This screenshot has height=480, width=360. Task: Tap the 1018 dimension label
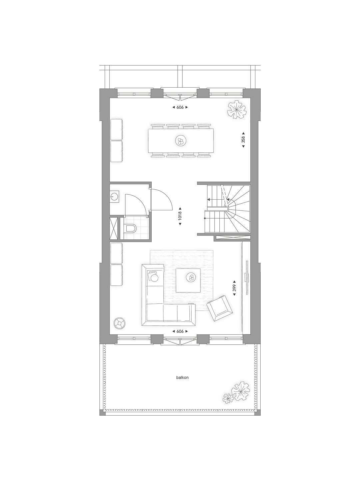point(180,218)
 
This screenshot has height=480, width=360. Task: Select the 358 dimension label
point(243,139)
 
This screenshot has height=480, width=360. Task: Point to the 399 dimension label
point(234,288)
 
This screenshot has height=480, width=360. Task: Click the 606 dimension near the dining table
point(180,107)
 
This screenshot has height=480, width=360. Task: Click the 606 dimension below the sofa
point(180,331)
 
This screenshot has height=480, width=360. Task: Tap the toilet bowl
point(131,229)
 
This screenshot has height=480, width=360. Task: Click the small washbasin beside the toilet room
point(114,197)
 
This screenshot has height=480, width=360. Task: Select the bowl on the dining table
point(180,141)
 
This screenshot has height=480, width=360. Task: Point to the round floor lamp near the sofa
point(119,322)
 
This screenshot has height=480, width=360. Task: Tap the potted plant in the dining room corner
point(237,110)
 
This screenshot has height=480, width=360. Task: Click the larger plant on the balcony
point(241,391)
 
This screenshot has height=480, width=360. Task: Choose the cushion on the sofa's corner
point(154,276)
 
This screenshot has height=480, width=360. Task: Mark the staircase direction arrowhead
point(208,200)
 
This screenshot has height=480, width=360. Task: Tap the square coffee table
point(188,280)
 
